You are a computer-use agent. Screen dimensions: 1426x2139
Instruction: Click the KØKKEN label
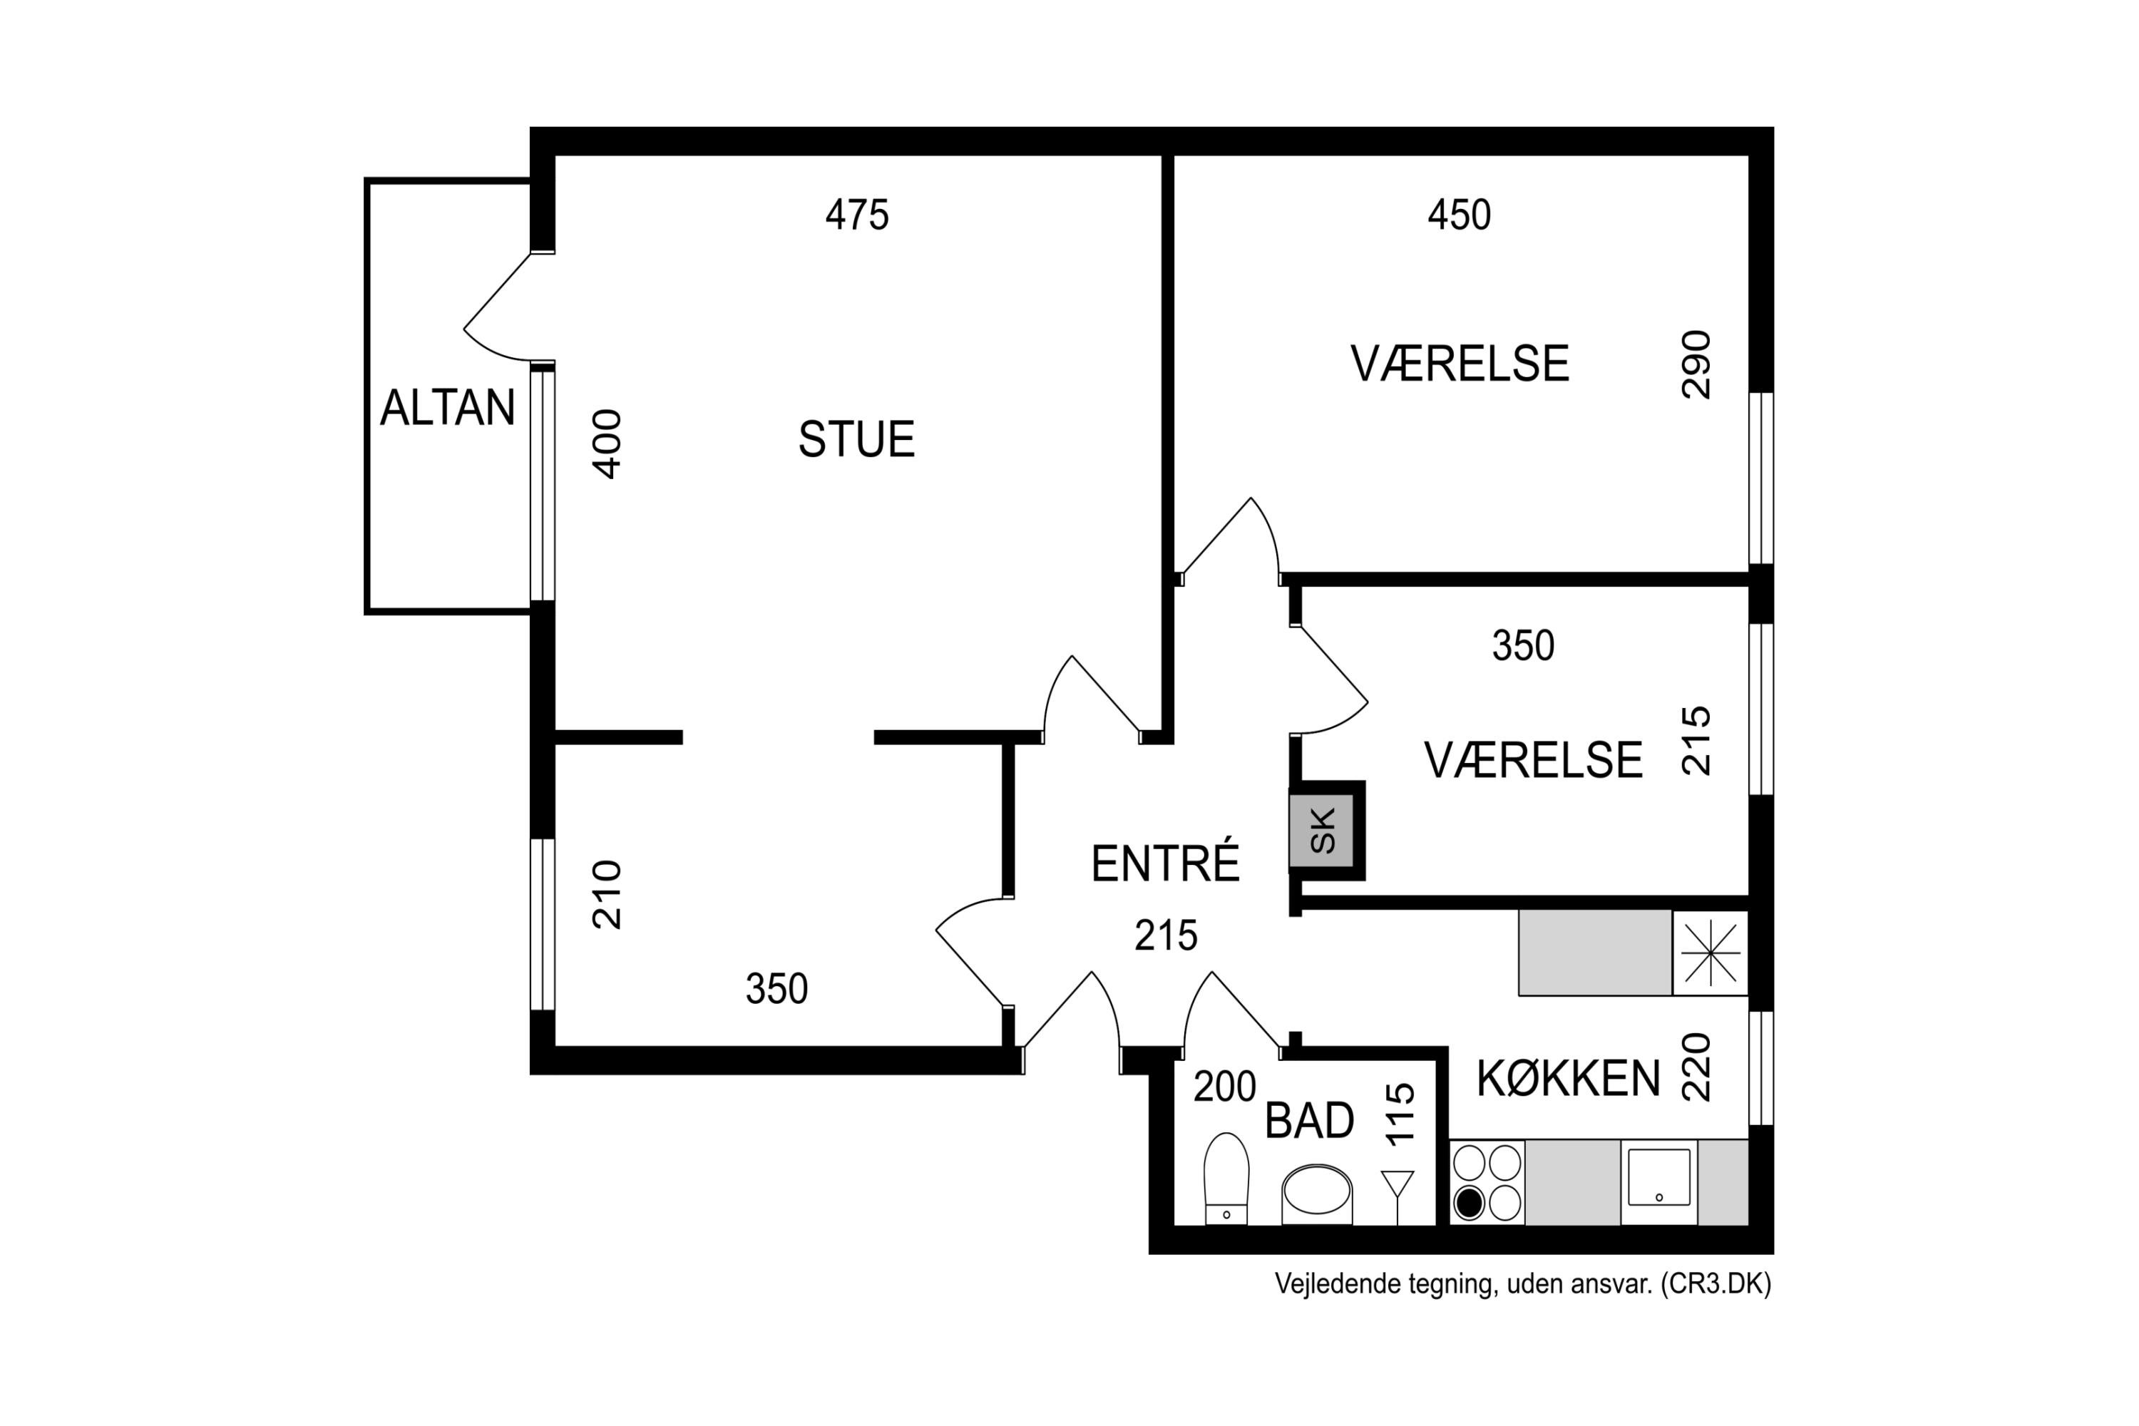pyautogui.click(x=1568, y=1079)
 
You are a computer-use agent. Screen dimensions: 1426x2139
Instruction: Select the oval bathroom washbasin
pyautogui.click(x=1317, y=1191)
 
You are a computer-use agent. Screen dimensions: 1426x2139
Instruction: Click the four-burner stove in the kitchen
pyautogui.click(x=1487, y=1182)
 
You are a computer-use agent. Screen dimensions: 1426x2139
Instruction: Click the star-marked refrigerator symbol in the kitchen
pyautogui.click(x=1710, y=953)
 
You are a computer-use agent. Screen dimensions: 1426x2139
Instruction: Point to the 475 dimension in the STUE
pyautogui.click(x=857, y=215)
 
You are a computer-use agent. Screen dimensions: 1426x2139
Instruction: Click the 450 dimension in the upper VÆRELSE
pyautogui.click(x=1459, y=215)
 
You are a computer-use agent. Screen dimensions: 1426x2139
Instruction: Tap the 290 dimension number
pyautogui.click(x=1696, y=364)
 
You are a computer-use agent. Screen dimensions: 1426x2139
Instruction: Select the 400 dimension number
pyautogui.click(x=607, y=443)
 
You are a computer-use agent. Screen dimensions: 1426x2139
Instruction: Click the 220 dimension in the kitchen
pyautogui.click(x=1696, y=1067)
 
